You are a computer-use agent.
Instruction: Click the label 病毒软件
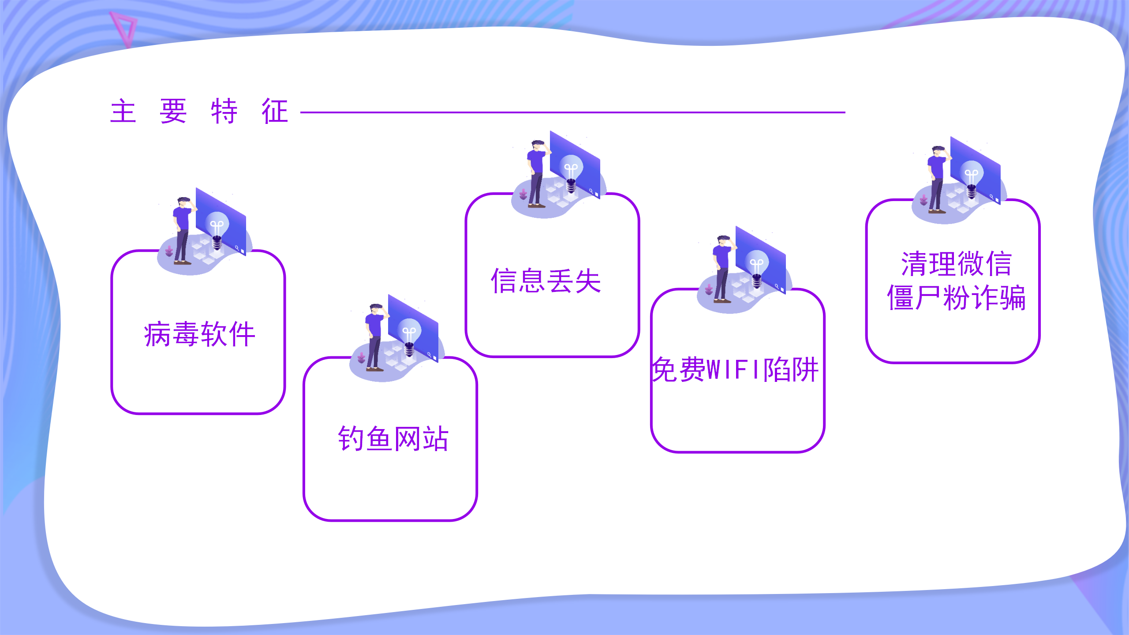199,334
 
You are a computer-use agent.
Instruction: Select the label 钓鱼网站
393,439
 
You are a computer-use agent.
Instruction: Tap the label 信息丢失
546,280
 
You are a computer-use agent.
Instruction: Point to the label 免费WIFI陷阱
735,369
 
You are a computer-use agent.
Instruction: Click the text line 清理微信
956,264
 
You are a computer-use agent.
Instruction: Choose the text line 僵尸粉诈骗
956,298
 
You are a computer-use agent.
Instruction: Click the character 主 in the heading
123,111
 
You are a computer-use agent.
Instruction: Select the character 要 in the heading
173,111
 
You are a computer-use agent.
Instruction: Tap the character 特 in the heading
224,111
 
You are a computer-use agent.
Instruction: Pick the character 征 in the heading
275,111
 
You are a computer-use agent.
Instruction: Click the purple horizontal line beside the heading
572,112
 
